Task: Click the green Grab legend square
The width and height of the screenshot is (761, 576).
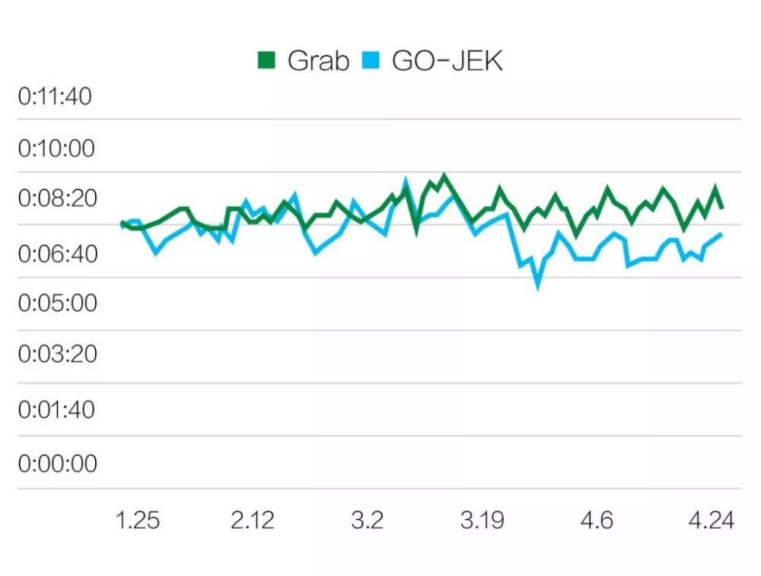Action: point(266,60)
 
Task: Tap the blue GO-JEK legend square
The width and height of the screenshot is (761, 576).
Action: point(371,60)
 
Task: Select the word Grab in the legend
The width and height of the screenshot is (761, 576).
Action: point(318,61)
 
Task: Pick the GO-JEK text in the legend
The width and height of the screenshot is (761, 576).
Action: point(447,61)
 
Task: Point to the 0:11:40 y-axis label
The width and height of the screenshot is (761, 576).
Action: point(55,96)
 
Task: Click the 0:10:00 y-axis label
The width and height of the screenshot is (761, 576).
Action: point(56,148)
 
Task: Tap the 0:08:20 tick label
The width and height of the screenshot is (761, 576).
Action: point(58,199)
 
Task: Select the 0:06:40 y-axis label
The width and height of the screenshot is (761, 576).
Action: point(58,254)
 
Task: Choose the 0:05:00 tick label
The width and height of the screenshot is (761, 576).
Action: point(58,303)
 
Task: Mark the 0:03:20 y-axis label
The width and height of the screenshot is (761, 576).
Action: point(58,354)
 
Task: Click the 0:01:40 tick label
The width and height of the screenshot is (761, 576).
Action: point(56,409)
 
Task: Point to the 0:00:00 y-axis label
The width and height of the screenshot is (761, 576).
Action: point(58,463)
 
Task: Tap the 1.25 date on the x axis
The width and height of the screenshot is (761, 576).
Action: point(138,520)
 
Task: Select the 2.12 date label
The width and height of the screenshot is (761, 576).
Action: point(253,520)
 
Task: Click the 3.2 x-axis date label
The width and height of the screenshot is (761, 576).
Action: point(368,520)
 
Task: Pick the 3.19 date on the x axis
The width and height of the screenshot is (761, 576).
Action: point(482,520)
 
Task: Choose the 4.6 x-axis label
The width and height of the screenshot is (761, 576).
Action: point(597,520)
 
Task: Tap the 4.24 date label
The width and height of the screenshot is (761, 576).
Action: point(712,520)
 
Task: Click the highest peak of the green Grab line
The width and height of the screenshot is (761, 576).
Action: point(444,175)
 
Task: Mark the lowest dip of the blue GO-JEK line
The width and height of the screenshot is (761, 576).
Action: point(538,288)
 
